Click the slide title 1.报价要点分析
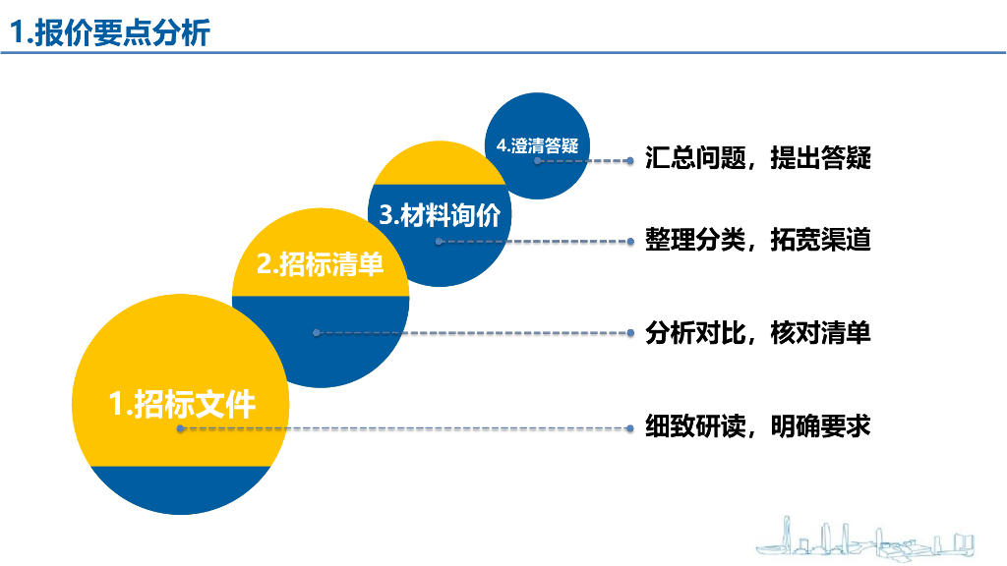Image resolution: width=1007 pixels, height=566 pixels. pos(110,33)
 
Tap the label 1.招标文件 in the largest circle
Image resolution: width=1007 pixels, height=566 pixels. pos(182,403)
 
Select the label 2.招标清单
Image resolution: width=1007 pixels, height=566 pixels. pos(320,264)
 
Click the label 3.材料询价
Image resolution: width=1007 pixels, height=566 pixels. pos(440,215)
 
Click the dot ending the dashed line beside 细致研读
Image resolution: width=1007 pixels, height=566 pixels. pos(630,428)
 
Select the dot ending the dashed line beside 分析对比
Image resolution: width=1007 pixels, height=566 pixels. pos(630,333)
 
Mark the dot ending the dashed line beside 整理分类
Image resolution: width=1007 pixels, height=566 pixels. pos(630,240)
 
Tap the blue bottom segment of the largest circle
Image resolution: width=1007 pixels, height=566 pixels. pos(181,489)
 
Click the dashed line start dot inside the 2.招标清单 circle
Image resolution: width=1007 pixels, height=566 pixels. pos(316,333)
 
